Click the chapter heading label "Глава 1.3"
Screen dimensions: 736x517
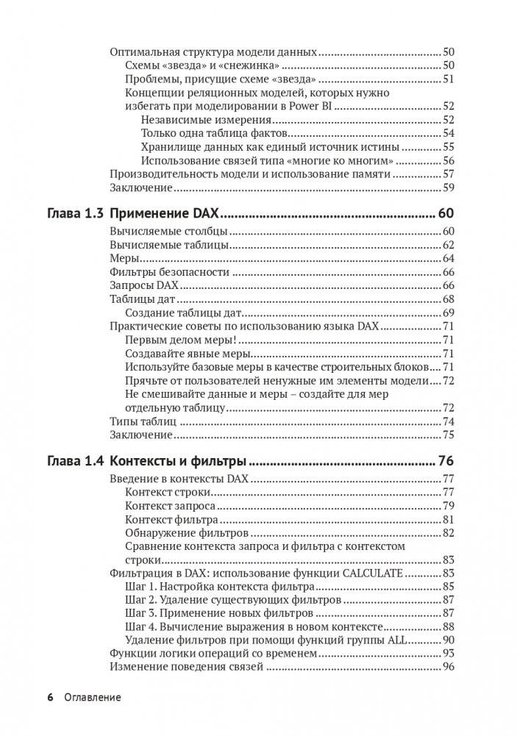click(75, 214)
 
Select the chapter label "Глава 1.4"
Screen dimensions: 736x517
click(75, 462)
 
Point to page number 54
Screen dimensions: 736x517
click(449, 133)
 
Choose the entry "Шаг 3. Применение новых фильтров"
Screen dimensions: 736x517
click(219, 612)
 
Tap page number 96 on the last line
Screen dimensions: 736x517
click(449, 666)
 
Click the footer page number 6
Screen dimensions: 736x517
click(50, 697)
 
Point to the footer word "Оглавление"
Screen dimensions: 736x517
click(92, 697)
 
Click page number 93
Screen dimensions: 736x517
click(449, 653)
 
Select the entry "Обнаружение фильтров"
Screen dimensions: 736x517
click(187, 532)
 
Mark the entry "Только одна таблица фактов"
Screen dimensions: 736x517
click(213, 133)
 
